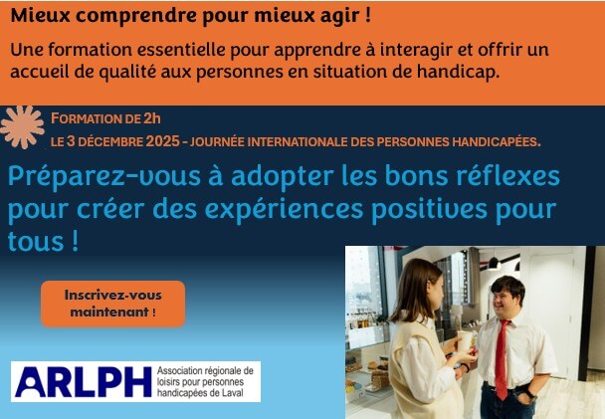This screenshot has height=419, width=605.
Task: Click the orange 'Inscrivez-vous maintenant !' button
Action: click(x=112, y=304)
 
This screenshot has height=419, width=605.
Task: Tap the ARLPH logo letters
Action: click(x=83, y=382)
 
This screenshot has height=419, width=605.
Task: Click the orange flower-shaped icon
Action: click(x=21, y=126)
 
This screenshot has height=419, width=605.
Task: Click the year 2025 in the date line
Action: click(x=161, y=141)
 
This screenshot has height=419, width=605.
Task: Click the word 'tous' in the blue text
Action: click(x=35, y=243)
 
